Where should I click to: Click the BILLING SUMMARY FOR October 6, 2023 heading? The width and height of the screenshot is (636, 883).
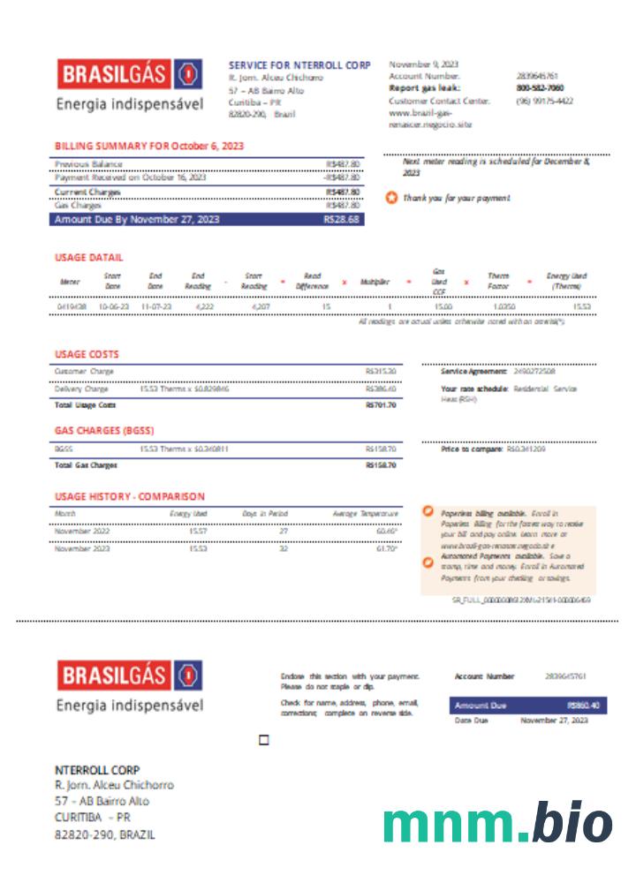(x=149, y=146)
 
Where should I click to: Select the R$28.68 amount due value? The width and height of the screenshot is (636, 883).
(x=342, y=219)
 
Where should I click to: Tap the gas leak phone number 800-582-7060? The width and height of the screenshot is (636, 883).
(x=540, y=88)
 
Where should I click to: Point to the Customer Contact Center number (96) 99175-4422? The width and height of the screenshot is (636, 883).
(x=544, y=101)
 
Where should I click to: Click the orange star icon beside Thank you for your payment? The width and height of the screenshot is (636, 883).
(x=392, y=198)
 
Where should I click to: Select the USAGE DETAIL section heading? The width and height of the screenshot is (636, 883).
(x=88, y=258)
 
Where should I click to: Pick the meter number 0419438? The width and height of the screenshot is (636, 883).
(x=72, y=306)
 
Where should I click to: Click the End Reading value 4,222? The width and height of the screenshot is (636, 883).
(x=204, y=306)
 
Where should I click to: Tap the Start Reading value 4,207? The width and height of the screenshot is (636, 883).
(x=260, y=306)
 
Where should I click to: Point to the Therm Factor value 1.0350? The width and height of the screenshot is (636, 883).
(x=503, y=306)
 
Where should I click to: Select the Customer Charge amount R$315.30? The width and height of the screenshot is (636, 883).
(x=381, y=372)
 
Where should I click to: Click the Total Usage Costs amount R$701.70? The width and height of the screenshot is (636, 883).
(x=381, y=404)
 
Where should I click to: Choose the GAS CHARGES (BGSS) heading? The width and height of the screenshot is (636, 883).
(x=104, y=431)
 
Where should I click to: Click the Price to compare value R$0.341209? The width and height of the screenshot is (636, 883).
(x=526, y=449)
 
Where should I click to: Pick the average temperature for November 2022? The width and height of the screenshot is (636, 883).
(x=387, y=531)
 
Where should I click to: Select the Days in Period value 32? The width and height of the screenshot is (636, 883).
(x=284, y=548)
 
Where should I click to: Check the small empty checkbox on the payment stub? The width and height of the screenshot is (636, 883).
(x=263, y=740)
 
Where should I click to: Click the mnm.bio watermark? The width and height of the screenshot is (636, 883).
(x=497, y=825)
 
